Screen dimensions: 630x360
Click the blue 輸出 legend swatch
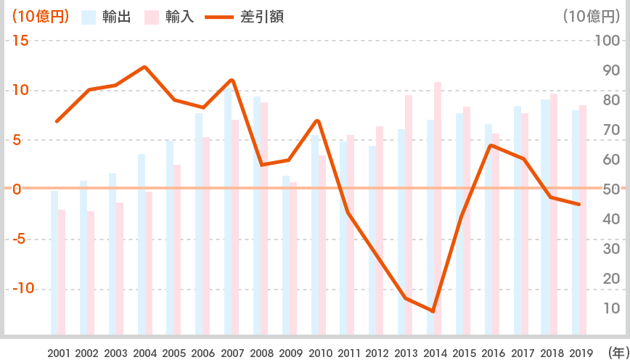[x=89, y=17]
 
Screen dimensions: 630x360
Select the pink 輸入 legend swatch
[x=152, y=17]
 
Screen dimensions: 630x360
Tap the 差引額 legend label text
[x=262, y=17]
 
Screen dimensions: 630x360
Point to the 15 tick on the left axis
[x=21, y=41]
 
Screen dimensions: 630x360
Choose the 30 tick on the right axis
[x=612, y=249]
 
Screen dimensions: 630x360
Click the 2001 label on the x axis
[x=60, y=353]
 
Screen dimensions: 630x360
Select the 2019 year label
[x=580, y=353]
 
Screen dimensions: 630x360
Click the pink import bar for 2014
[x=438, y=208]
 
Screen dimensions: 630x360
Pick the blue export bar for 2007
[x=228, y=210]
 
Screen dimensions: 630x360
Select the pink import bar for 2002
[x=91, y=273]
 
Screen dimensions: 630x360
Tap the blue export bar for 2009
[x=286, y=255]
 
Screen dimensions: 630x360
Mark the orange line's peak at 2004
[x=144, y=67]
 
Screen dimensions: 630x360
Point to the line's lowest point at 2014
[x=433, y=311]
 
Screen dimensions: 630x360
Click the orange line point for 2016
[x=491, y=145]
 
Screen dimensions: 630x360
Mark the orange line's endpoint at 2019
[x=579, y=205]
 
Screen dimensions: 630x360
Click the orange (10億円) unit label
[x=41, y=17]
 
